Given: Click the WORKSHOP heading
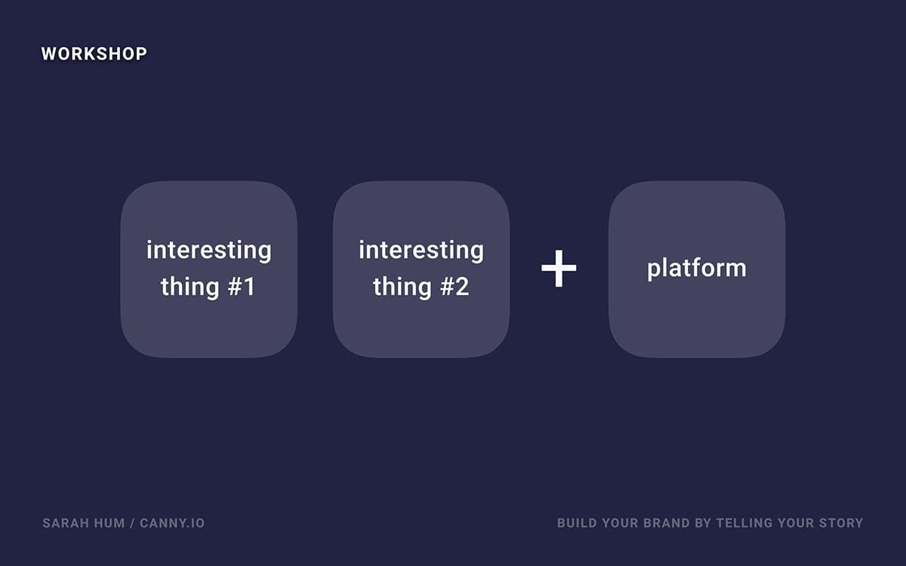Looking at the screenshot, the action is click(x=94, y=54).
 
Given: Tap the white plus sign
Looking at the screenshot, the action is click(x=559, y=268).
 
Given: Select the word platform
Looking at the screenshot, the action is click(x=696, y=269).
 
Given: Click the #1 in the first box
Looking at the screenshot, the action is click(x=242, y=286).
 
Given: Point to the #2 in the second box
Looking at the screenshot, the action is click(x=455, y=286).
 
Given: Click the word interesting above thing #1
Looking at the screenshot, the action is click(x=208, y=251).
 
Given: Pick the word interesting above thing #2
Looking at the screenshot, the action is click(x=421, y=251).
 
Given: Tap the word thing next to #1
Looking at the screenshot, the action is click(x=190, y=287).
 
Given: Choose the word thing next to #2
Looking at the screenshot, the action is click(x=402, y=287).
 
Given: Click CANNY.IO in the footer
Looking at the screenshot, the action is click(x=172, y=523).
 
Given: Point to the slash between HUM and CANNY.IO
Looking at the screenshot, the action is click(x=132, y=523).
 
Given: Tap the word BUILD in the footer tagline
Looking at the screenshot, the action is click(x=577, y=523).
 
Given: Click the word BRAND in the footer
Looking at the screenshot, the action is click(x=666, y=523).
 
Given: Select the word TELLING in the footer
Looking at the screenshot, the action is click(x=744, y=523).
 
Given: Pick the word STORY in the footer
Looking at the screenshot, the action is click(x=841, y=523).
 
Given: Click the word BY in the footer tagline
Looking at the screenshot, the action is click(x=703, y=523).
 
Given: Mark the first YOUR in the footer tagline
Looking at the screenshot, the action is click(x=620, y=523).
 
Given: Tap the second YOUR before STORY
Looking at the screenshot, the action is click(x=796, y=523).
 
